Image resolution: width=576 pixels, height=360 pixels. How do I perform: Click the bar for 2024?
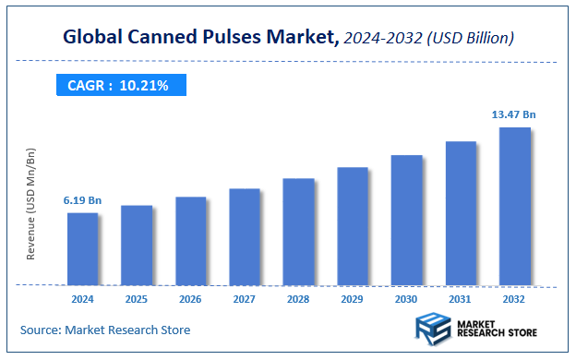pyautogui.click(x=82, y=248)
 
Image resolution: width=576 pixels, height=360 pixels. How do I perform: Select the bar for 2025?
pyautogui.click(x=137, y=245)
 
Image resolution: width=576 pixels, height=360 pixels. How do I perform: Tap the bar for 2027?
pyautogui.click(x=245, y=236)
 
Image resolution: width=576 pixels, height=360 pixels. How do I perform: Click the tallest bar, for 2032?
pyautogui.click(x=515, y=206)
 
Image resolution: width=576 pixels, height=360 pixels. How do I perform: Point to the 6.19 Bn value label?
pyautogui.click(x=82, y=200)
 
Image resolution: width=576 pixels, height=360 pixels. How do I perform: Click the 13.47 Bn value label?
pyautogui.click(x=513, y=114)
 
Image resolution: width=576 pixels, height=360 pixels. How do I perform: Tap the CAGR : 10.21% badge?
pyautogui.click(x=118, y=85)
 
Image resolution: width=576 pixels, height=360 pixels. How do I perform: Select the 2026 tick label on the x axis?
pyautogui.click(x=191, y=300)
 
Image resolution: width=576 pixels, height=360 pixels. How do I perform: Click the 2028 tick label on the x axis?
pyautogui.click(x=298, y=300)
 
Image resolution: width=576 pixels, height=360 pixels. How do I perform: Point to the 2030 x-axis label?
pyautogui.click(x=406, y=300)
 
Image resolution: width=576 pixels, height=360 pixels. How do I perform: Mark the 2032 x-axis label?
pyautogui.click(x=515, y=300)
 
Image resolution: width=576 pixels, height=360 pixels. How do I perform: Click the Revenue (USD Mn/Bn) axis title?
pyautogui.click(x=31, y=203)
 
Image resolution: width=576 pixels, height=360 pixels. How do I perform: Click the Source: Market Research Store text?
pyautogui.click(x=105, y=330)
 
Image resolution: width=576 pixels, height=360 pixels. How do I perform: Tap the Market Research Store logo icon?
pyautogui.click(x=431, y=328)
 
